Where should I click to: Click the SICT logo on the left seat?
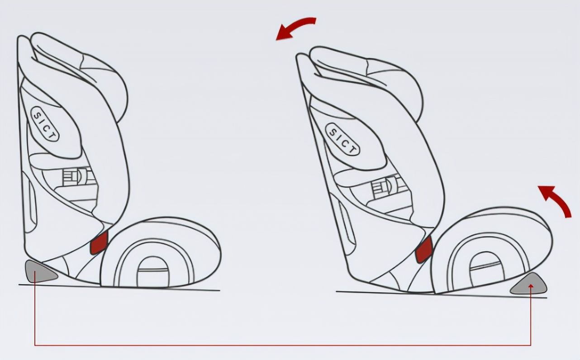[44, 124]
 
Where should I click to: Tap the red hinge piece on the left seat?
[99, 243]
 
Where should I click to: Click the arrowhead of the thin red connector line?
[531, 286]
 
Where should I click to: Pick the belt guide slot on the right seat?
[383, 187]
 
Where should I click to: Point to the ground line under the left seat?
[136, 288]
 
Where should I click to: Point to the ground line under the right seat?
[407, 294]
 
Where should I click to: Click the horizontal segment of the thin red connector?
[280, 346]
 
